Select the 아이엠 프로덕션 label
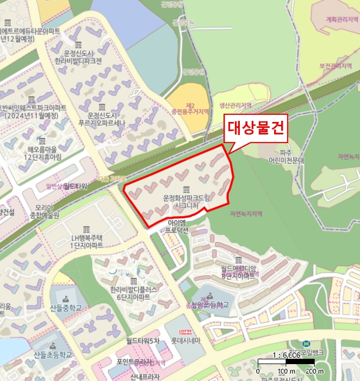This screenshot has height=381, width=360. pyautogui.click(x=178, y=226)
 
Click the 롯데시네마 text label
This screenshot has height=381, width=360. pyautogui.click(x=186, y=341)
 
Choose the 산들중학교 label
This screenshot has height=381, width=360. pyautogui.click(x=65, y=308)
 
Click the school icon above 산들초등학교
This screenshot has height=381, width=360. pyautogui.click(x=53, y=346)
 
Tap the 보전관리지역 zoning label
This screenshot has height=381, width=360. pyautogui.click(x=337, y=66)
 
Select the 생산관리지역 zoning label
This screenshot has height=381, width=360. pyautogui.click(x=235, y=105)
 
